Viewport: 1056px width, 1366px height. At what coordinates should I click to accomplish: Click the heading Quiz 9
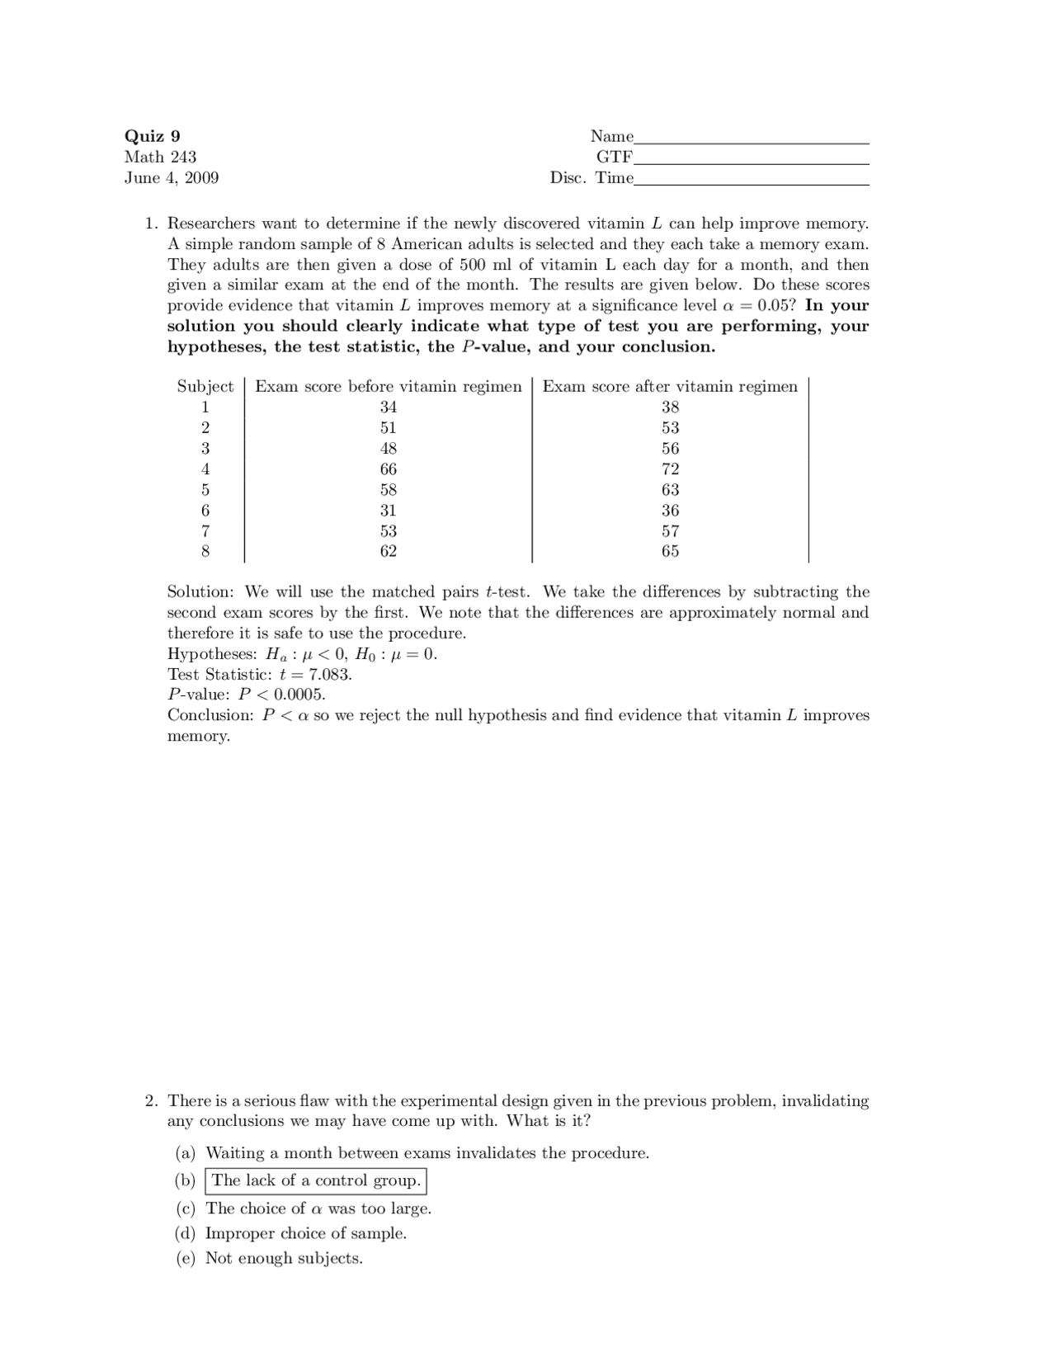tap(152, 136)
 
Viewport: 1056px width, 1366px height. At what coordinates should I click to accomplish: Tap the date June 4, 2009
tap(172, 177)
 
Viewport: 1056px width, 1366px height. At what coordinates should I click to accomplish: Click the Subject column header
tap(205, 386)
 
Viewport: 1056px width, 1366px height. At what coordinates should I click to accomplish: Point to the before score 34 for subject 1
tap(388, 407)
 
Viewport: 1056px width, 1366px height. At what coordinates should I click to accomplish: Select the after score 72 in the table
tap(670, 469)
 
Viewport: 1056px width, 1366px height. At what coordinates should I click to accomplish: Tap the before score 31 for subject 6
tap(388, 510)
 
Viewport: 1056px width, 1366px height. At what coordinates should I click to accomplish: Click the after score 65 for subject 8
tap(670, 551)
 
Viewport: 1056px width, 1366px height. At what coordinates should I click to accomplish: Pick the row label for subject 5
tap(205, 489)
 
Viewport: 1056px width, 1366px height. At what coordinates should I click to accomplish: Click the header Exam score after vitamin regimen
tap(670, 386)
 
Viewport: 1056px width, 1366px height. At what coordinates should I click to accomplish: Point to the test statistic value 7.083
tap(329, 674)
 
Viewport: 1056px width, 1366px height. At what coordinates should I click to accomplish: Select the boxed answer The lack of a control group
tap(316, 1180)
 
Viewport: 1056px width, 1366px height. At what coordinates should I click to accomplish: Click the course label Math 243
tap(160, 157)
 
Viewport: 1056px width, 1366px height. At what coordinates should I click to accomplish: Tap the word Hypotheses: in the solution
tap(212, 654)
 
